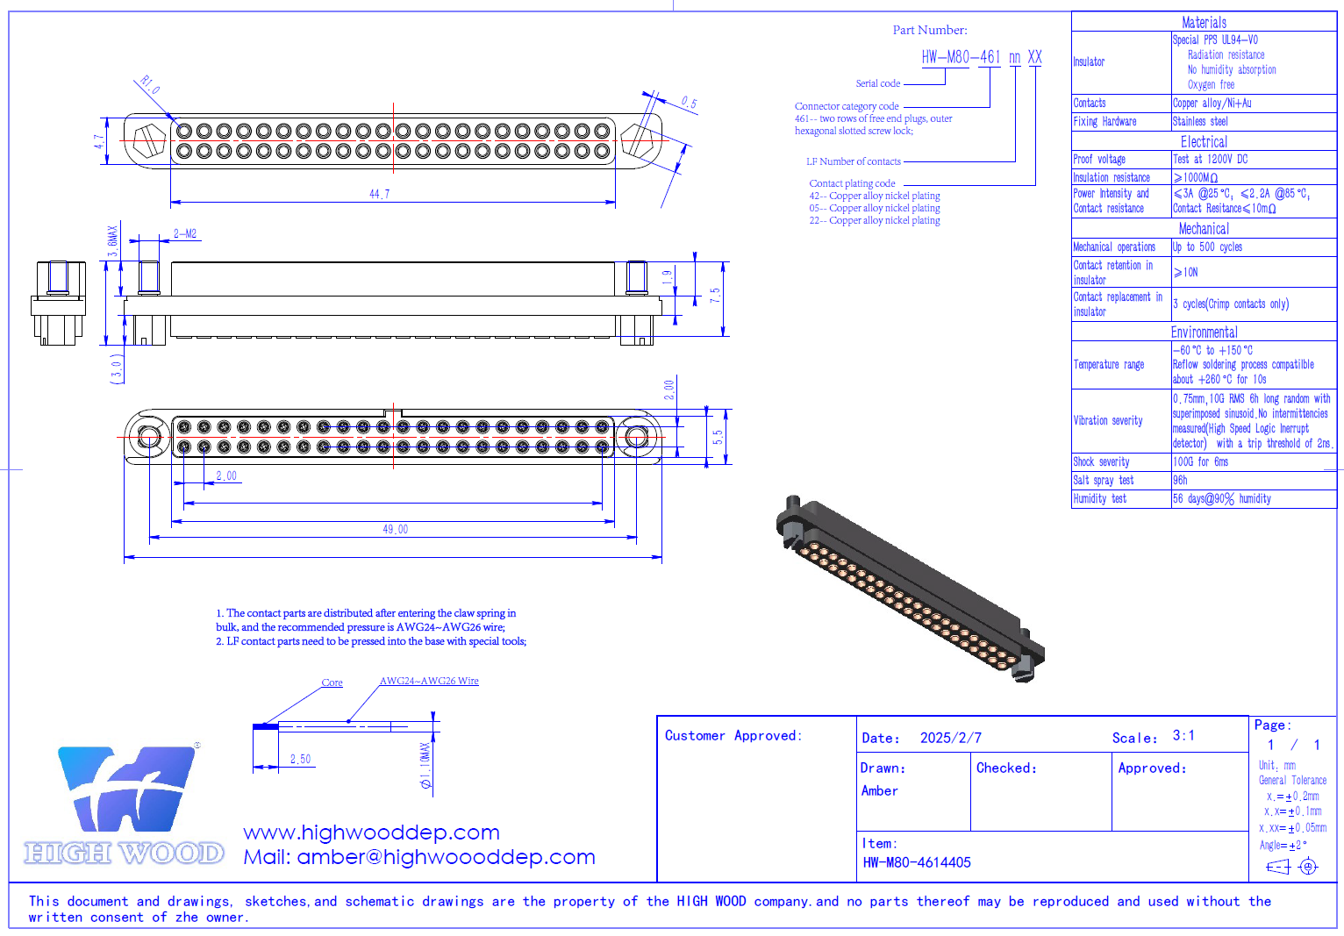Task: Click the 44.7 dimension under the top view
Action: pyautogui.click(x=379, y=194)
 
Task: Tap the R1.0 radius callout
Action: pyautogui.click(x=150, y=85)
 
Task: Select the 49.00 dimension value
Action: pyautogui.click(x=395, y=529)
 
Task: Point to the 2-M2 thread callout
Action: pyautogui.click(x=185, y=233)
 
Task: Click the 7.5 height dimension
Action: pyautogui.click(x=715, y=296)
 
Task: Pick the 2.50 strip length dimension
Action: pyautogui.click(x=300, y=759)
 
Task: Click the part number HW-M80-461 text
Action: pyautogui.click(x=961, y=57)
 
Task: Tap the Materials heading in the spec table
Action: pyautogui.click(x=1204, y=22)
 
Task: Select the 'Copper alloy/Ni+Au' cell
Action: pyautogui.click(x=1212, y=103)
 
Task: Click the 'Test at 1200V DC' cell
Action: pyautogui.click(x=1210, y=159)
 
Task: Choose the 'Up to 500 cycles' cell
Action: pyautogui.click(x=1207, y=247)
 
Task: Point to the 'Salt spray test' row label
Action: pyautogui.click(x=1103, y=480)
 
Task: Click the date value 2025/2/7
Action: pyautogui.click(x=950, y=738)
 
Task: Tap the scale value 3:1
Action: pyautogui.click(x=1183, y=735)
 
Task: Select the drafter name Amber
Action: pyautogui.click(x=879, y=790)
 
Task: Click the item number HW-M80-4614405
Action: pyautogui.click(x=917, y=862)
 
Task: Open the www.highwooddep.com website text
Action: pyautogui.click(x=371, y=832)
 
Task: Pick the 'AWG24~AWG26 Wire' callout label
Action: pyautogui.click(x=429, y=681)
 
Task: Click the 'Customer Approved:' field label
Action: pyautogui.click(x=733, y=735)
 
